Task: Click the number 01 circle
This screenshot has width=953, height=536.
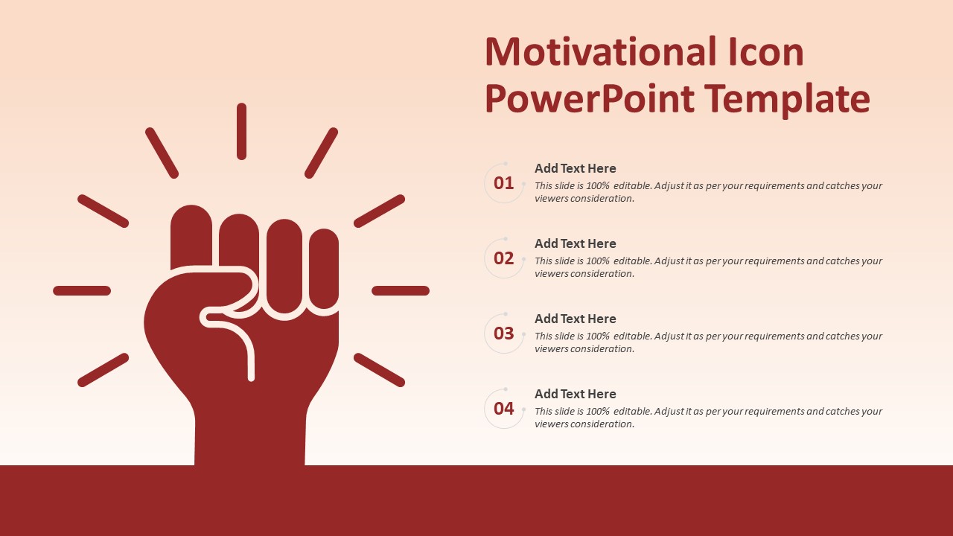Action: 504,183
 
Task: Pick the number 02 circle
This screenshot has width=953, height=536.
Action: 504,258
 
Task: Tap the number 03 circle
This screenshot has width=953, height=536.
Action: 504,334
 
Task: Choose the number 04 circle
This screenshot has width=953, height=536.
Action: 504,409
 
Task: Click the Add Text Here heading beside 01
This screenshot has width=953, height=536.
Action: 576,168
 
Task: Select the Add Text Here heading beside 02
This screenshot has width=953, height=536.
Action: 576,243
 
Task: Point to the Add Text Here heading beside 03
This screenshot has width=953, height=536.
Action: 576,319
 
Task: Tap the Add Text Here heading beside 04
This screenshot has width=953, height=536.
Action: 576,394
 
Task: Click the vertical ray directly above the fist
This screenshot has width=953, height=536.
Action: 241,131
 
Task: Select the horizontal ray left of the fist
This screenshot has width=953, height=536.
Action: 82,290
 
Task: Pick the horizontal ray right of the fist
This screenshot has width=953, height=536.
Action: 401,290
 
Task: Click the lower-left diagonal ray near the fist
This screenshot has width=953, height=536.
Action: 103,370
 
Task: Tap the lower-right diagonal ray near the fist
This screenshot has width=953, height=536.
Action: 379,370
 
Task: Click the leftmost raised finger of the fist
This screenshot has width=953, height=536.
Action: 191,234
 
